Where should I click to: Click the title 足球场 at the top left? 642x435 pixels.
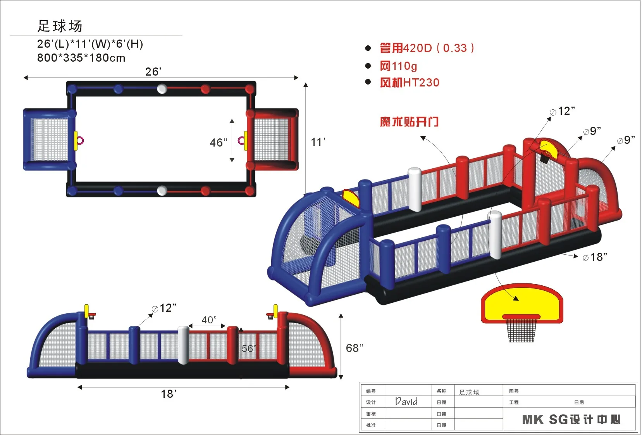60,26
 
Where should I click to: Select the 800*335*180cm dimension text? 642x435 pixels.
81,58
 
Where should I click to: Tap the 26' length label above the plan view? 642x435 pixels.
153,72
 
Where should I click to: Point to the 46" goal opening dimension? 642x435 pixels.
219,143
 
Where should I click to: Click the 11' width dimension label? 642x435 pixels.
318,142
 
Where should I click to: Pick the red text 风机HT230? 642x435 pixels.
410,83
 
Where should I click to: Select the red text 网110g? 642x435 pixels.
398,66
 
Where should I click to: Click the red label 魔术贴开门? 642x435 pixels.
409,122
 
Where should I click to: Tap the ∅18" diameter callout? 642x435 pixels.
595,257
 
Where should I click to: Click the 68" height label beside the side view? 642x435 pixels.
355,348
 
